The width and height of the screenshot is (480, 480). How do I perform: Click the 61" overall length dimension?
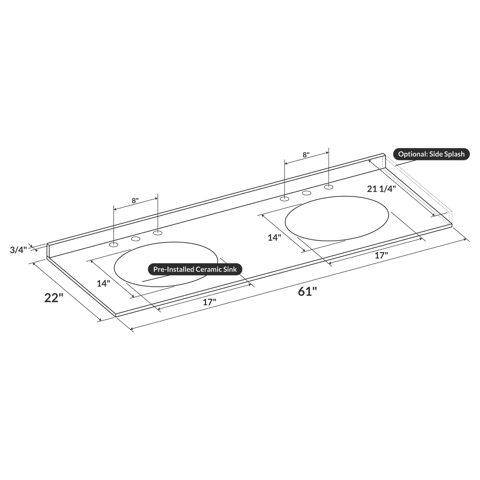point(307,292)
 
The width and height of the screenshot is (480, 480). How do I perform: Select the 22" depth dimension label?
point(54,298)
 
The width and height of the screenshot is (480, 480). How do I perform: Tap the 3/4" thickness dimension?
point(18,250)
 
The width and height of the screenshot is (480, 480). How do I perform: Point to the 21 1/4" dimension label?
point(381,189)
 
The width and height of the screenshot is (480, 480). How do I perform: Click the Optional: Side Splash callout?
point(431,154)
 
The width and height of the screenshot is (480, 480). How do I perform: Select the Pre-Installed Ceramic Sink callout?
point(195,269)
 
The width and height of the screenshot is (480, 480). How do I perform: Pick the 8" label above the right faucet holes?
point(306,155)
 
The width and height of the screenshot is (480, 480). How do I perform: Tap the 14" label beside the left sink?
point(103,283)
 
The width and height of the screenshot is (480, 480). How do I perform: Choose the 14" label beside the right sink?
point(274,238)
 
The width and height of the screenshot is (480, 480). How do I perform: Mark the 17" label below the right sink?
point(381,256)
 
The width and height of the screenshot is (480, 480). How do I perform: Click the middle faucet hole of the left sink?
point(136,239)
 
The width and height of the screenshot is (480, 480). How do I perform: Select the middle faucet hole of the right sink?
point(306,193)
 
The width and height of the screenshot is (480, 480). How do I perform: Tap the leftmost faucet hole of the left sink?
point(114,244)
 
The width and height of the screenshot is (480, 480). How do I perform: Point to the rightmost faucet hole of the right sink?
point(328,187)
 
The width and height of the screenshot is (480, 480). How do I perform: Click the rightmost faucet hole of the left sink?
point(158,233)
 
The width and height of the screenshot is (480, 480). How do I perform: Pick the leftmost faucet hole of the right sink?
point(284,199)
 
